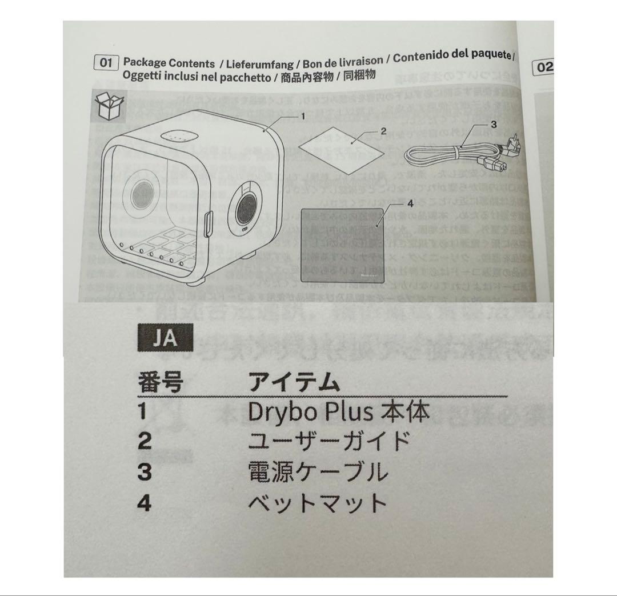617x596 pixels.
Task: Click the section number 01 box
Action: pos(105,62)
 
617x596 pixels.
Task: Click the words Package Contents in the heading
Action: pos(169,63)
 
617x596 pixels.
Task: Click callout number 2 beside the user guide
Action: pos(383,131)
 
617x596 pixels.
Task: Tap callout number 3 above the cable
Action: pos(494,123)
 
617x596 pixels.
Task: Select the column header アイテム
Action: pos(294,382)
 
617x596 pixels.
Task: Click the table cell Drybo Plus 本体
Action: pos(339,412)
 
